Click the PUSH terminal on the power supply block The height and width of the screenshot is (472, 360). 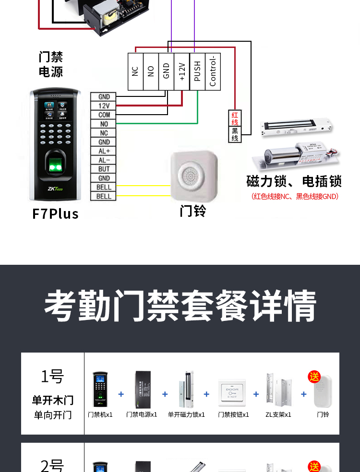(197, 71)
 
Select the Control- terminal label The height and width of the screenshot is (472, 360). (213, 71)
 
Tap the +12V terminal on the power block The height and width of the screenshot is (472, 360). (181, 71)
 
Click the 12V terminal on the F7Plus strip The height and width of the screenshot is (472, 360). (104, 106)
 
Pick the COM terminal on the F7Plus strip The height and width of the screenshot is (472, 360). (104, 115)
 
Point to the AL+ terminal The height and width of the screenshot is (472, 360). (104, 151)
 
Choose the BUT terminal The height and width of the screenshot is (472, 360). (104, 169)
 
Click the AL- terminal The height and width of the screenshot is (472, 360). (104, 160)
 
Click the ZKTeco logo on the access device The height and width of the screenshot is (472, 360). (56, 189)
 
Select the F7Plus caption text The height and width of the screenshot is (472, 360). (55, 213)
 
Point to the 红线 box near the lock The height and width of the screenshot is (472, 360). (235, 118)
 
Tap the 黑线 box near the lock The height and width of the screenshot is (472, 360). (235, 134)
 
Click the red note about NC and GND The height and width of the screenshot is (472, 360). (295, 196)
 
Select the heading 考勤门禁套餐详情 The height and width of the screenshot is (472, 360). (180, 306)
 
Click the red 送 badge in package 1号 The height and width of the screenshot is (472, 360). (314, 377)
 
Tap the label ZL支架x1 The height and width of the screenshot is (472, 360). (278, 414)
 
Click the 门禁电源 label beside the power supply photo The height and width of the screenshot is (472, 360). (50, 65)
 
